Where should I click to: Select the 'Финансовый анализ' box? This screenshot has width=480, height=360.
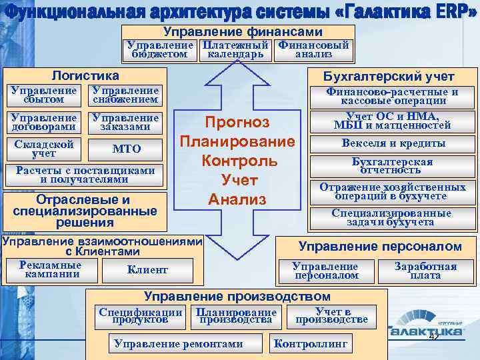313,50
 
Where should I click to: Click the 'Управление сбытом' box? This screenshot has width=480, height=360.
45,95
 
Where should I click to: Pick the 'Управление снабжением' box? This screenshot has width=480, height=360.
125,95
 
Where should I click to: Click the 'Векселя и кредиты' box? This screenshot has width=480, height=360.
393,143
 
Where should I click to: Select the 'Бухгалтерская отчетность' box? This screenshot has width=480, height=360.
393,166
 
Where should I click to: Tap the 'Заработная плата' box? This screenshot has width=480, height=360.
425,271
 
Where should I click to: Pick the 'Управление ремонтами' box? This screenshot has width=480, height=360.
179,344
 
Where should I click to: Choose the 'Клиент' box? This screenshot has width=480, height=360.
147,270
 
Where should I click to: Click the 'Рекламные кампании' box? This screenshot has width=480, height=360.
51,269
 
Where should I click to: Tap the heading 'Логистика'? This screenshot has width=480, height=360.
85,76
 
